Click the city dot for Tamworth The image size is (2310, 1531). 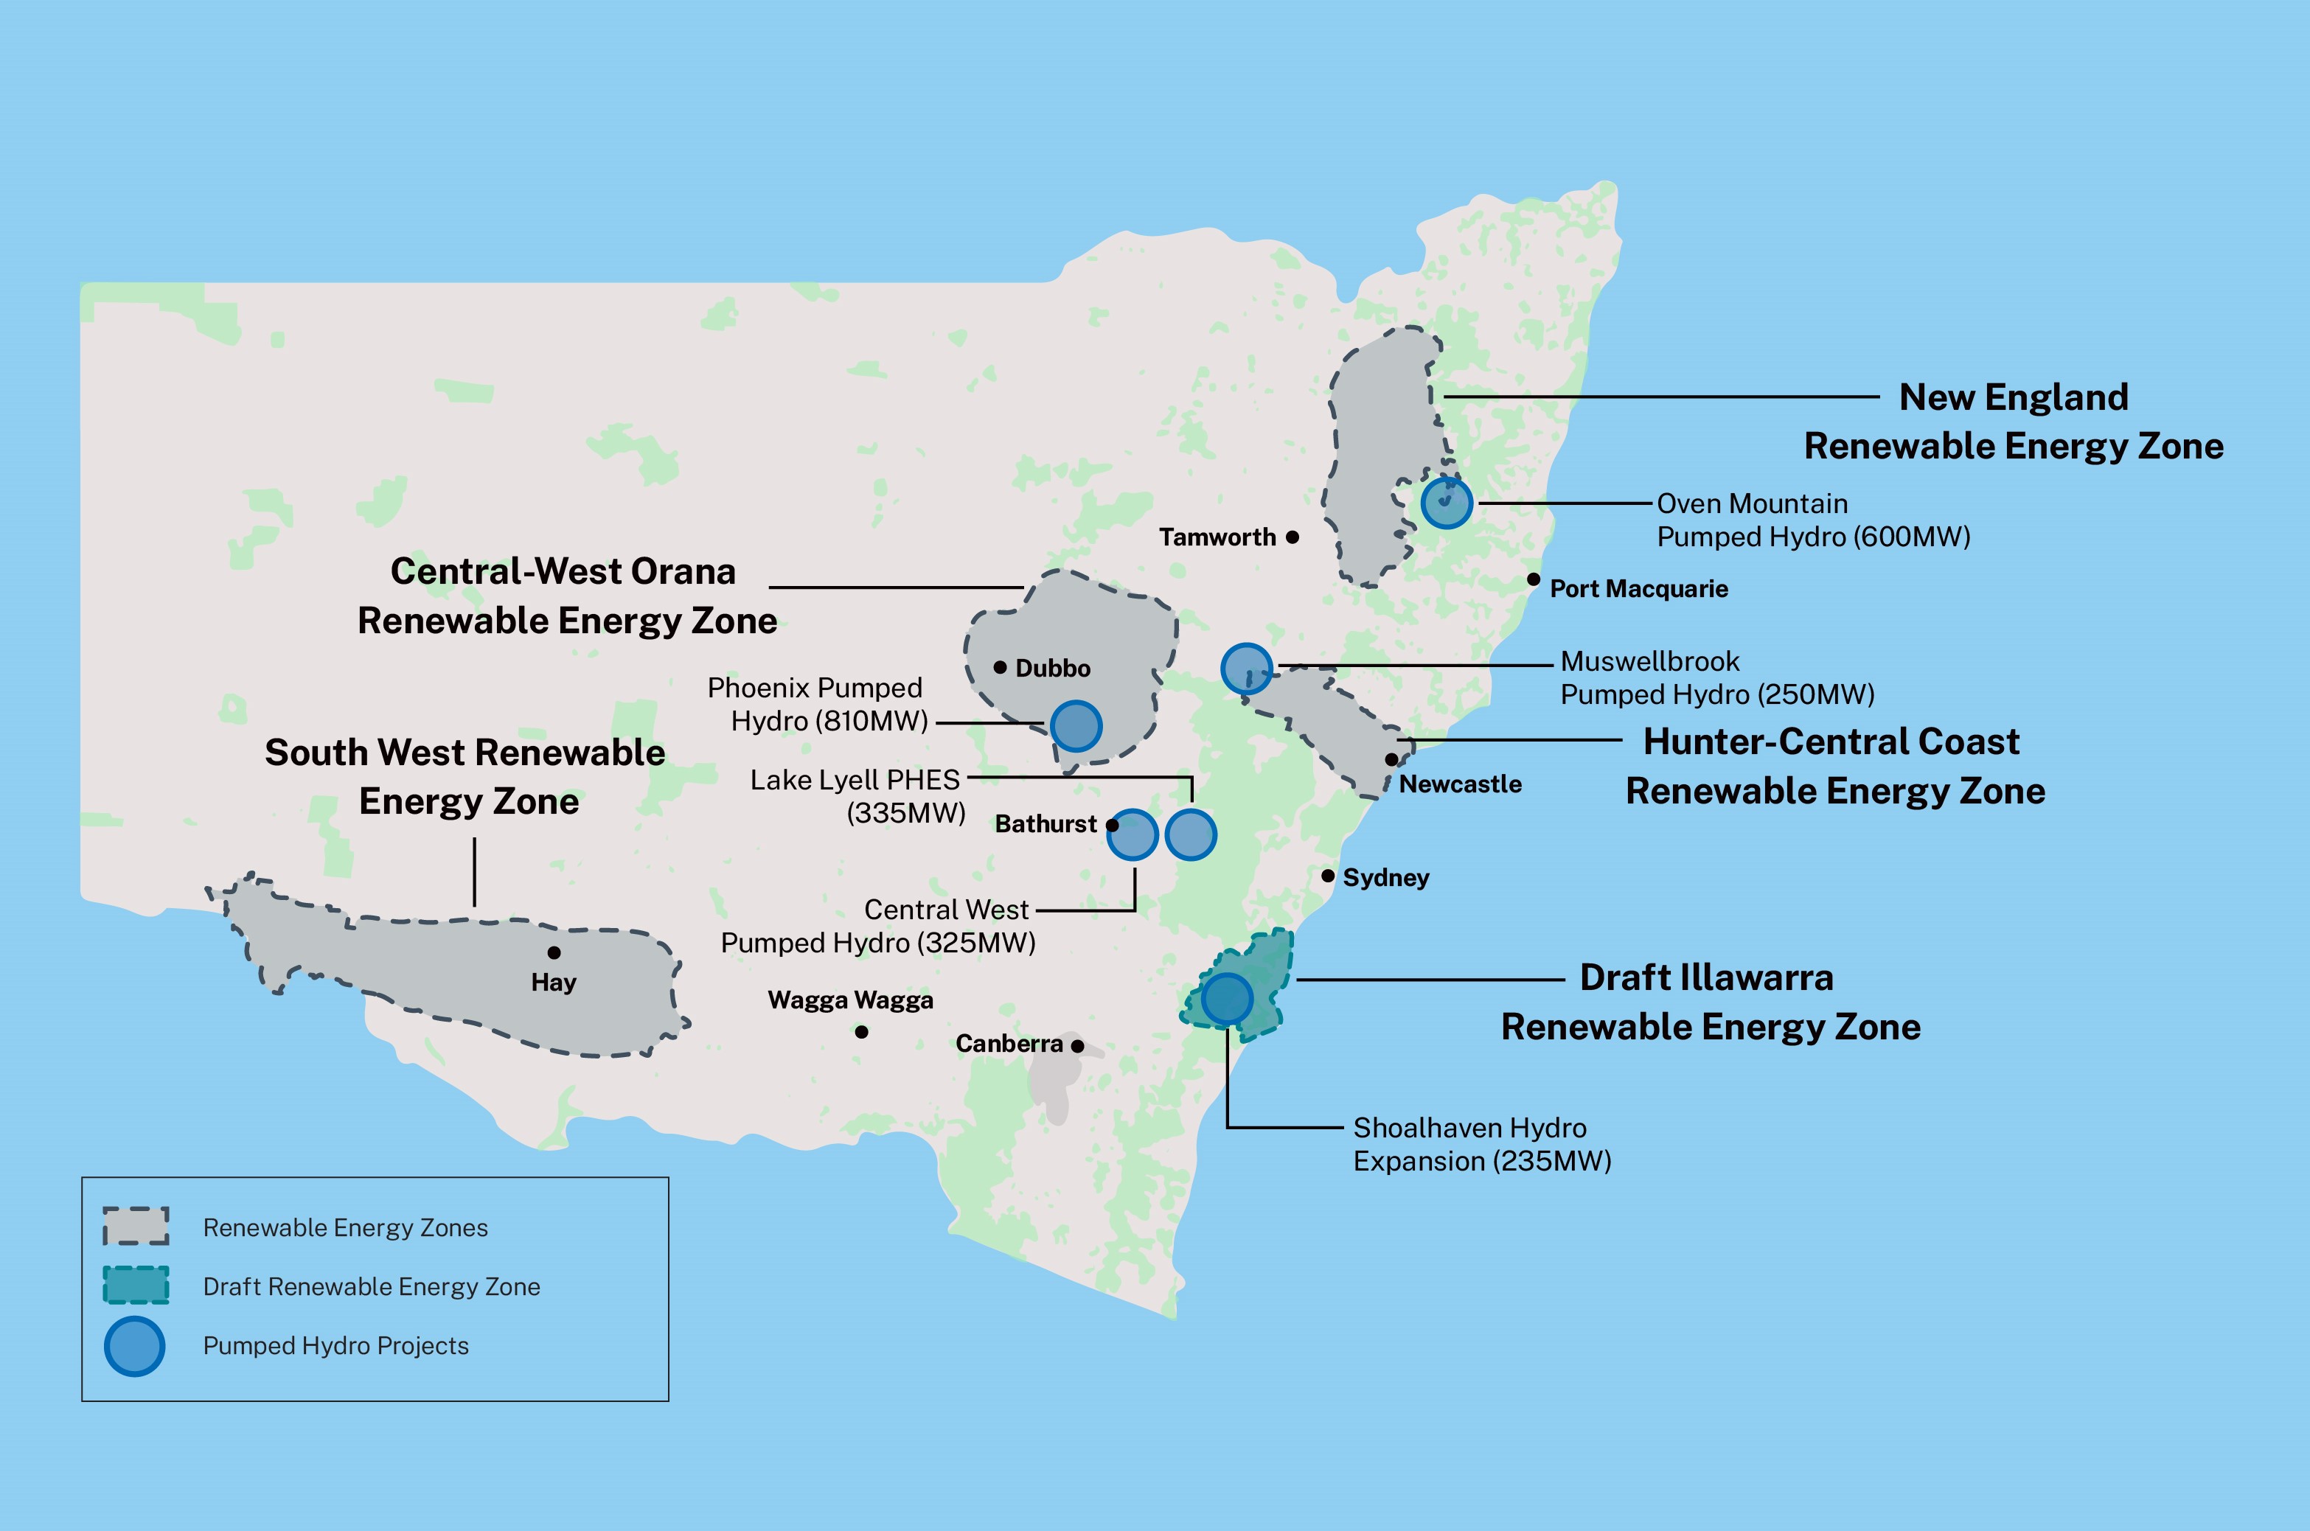(1293, 537)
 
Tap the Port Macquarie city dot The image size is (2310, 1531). (1534, 580)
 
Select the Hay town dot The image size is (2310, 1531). (554, 953)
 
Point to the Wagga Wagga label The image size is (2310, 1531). (850, 1000)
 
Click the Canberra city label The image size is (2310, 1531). (1009, 1044)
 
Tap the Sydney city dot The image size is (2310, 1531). (1327, 876)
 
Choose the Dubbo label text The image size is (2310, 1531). (1053, 669)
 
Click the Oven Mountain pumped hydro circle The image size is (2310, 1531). (1447, 503)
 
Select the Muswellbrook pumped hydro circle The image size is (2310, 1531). (1246, 669)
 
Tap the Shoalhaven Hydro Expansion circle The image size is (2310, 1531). (1227, 998)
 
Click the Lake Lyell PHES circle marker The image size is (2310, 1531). (1191, 835)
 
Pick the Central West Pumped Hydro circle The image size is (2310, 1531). (1133, 835)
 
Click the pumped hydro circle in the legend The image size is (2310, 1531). (135, 1347)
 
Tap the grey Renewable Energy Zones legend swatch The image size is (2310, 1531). (136, 1227)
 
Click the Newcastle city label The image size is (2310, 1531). (1460, 784)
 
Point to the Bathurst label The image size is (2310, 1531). (1045, 824)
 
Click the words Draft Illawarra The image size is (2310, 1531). (1706, 977)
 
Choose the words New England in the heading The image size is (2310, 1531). (2013, 397)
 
